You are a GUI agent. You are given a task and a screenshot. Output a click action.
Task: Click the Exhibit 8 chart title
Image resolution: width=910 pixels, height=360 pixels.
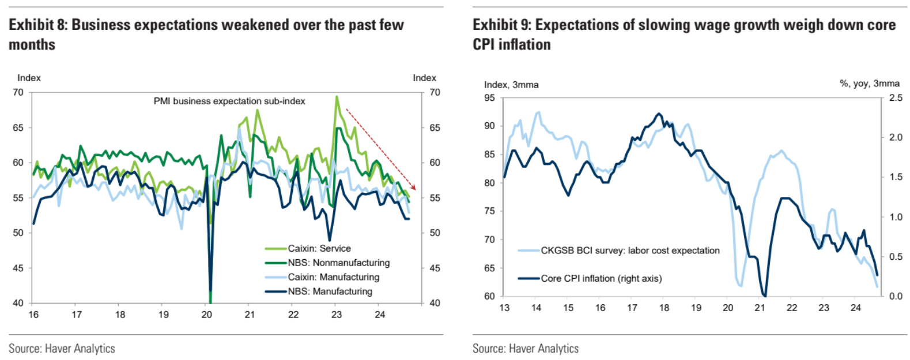206,34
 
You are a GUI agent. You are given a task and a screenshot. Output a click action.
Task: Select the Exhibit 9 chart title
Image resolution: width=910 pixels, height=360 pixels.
684,34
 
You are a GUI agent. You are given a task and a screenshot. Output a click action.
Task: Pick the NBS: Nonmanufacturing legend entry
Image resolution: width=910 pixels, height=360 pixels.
339,263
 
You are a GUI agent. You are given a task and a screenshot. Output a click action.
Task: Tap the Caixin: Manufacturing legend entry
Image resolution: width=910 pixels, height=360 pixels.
334,277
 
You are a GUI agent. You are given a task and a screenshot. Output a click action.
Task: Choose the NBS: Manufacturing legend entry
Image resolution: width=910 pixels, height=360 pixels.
330,291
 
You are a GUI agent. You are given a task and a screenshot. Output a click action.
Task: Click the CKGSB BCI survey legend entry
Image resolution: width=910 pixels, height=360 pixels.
630,251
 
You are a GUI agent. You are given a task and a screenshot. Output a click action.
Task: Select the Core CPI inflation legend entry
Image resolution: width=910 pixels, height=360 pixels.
601,278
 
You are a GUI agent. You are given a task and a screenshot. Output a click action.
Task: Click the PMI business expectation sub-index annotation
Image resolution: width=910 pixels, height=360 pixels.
229,101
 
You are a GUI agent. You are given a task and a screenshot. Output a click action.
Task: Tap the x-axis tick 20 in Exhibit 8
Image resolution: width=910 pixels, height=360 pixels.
207,314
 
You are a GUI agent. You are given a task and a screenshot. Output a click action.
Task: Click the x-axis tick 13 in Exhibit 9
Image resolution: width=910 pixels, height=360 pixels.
504,308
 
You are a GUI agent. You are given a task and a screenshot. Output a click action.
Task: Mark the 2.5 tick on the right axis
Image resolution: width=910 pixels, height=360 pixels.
896,98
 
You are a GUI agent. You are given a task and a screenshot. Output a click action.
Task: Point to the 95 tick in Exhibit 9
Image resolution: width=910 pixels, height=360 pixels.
489,98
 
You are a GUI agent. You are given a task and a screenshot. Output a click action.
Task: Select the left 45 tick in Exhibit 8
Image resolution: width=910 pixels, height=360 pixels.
18,268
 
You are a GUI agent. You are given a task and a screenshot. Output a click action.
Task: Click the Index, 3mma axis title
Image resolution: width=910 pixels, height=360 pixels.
511,85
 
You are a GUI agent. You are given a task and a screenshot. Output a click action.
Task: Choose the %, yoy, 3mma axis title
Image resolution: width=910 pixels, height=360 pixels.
869,84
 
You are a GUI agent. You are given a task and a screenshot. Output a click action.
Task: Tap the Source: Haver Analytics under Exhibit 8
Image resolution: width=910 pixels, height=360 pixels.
62,348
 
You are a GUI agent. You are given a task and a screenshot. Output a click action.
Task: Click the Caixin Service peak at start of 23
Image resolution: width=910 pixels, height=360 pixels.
337,97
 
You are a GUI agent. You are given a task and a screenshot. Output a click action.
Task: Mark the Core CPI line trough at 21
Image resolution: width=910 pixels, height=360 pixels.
764,295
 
